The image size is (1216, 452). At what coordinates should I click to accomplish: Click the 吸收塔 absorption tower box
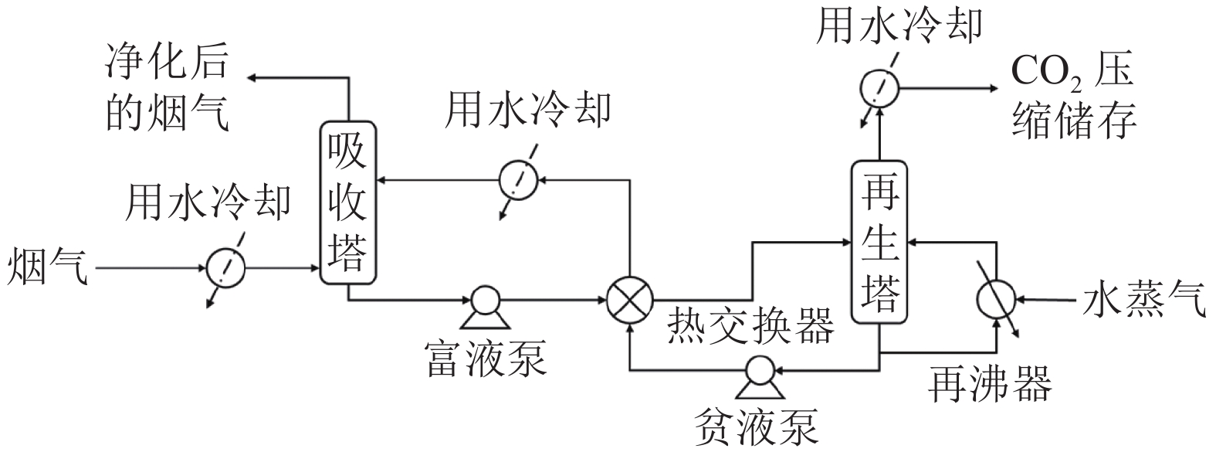pyautogui.click(x=350, y=203)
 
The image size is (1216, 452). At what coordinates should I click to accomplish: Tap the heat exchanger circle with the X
pyautogui.click(x=629, y=299)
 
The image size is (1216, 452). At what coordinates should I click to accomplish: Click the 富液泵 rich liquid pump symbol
pyautogui.click(x=485, y=304)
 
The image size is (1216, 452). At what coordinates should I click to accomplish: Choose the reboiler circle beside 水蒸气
pyautogui.click(x=995, y=298)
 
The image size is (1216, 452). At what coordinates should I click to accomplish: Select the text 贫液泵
pyautogui.click(x=756, y=426)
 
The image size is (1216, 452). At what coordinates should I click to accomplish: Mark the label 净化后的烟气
pyautogui.click(x=168, y=90)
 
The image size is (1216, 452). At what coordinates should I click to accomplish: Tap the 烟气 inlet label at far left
pyautogui.click(x=47, y=269)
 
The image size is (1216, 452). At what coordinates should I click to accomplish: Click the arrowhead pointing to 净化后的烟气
pyautogui.click(x=252, y=77)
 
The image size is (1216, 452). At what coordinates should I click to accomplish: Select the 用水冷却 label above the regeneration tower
pyautogui.click(x=899, y=25)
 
